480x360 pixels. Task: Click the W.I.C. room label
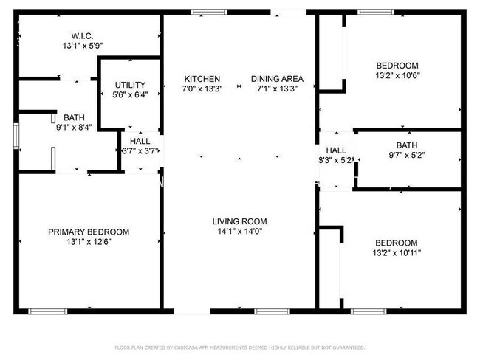pyautogui.click(x=81, y=35)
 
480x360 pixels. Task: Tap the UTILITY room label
pyautogui.click(x=129, y=85)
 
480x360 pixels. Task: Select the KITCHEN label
pyautogui.click(x=202, y=79)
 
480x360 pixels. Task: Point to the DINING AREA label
pyautogui.click(x=277, y=79)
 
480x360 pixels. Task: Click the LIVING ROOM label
pyautogui.click(x=239, y=221)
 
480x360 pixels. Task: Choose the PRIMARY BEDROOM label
pyautogui.click(x=80, y=232)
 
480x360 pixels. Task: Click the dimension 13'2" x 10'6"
pyautogui.click(x=397, y=75)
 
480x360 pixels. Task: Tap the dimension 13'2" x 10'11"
pyautogui.click(x=397, y=253)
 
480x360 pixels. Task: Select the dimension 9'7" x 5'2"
pyautogui.click(x=406, y=155)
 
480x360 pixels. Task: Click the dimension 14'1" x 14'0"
pyautogui.click(x=239, y=232)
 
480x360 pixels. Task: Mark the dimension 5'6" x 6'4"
pyautogui.click(x=129, y=94)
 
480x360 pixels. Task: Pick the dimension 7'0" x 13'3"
pyautogui.click(x=202, y=89)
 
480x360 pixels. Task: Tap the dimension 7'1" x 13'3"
pyautogui.click(x=277, y=89)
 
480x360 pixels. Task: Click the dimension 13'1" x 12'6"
pyautogui.click(x=80, y=241)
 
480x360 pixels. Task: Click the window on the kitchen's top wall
pyautogui.click(x=210, y=12)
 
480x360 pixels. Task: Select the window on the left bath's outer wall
pyautogui.click(x=16, y=136)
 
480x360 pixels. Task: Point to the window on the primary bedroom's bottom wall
pyautogui.click(x=49, y=311)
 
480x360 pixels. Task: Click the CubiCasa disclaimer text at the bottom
pyautogui.click(x=239, y=347)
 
